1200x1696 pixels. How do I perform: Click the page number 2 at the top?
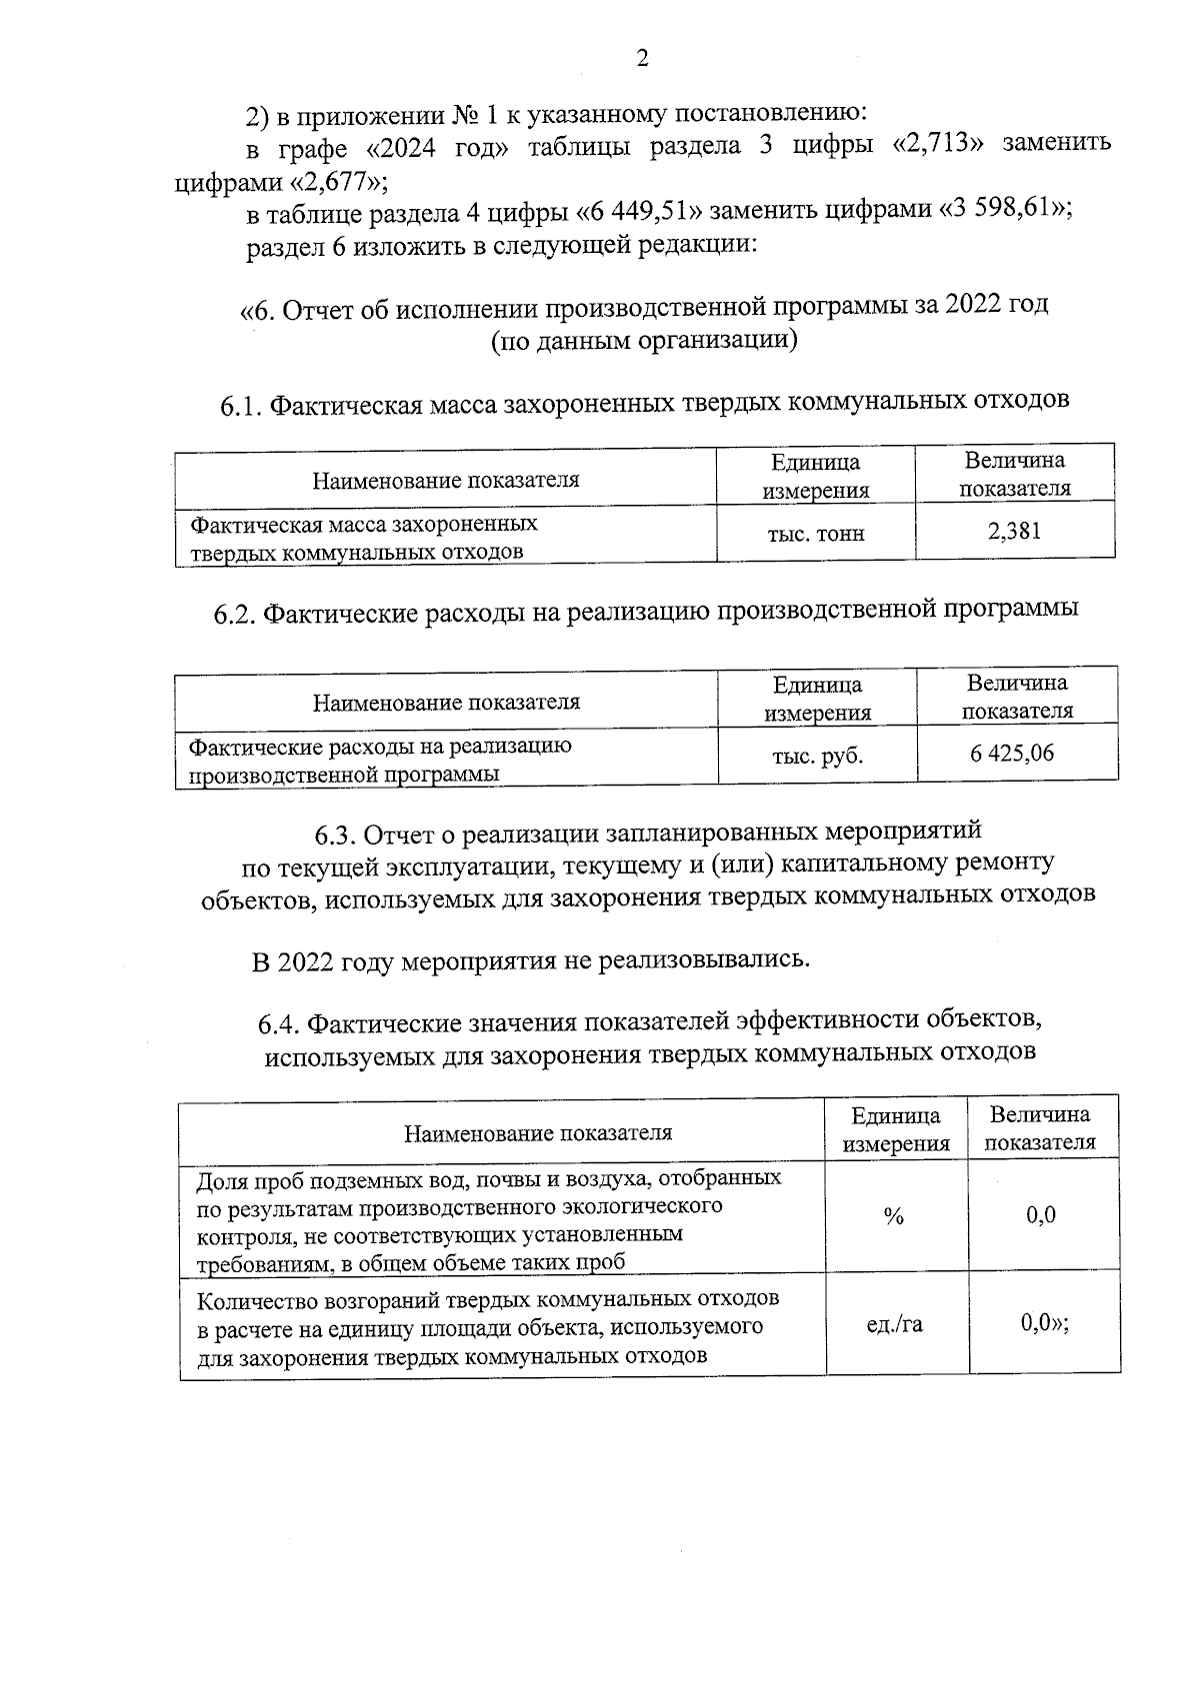click(x=643, y=59)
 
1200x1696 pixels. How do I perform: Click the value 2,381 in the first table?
click(x=1014, y=532)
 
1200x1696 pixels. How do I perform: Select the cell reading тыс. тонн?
click(x=815, y=534)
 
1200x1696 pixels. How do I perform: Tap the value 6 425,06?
click(x=1012, y=754)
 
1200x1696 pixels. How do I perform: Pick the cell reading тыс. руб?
click(x=817, y=757)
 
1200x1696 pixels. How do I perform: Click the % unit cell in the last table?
click(x=894, y=1216)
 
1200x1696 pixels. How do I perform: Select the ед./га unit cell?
click(x=894, y=1325)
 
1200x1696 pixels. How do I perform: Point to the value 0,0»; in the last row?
click(x=1045, y=1324)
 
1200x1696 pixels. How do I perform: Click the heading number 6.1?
click(x=241, y=407)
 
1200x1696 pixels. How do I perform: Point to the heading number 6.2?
click(x=236, y=614)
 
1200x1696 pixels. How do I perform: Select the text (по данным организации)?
click(x=643, y=342)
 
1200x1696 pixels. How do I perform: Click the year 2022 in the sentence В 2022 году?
click(x=306, y=962)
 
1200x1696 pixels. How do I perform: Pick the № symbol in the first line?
click(x=467, y=116)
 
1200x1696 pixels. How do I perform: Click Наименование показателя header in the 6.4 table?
click(x=537, y=1132)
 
